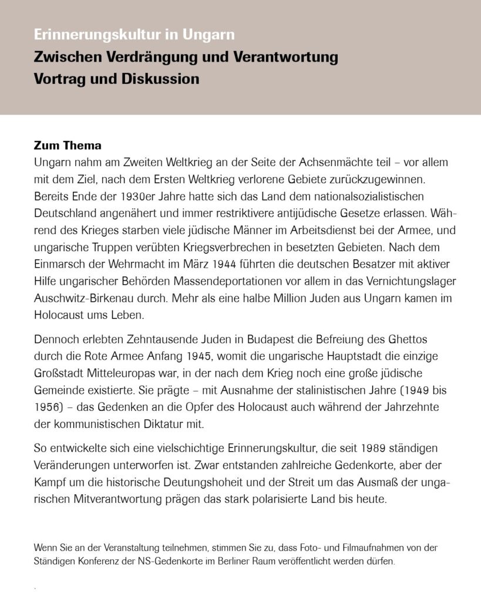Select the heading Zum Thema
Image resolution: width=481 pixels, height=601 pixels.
coord(68,146)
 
